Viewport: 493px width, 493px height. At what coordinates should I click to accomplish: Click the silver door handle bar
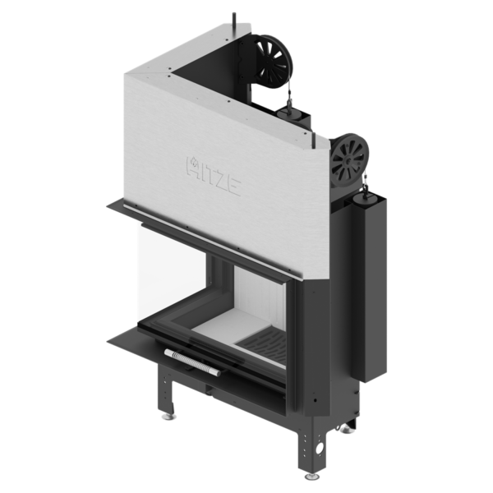[x=192, y=362]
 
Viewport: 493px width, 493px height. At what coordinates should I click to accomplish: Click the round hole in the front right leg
[x=320, y=449]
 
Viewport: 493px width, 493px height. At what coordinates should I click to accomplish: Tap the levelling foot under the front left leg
[x=169, y=417]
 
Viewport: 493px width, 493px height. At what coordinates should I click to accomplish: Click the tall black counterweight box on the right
[x=368, y=288]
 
